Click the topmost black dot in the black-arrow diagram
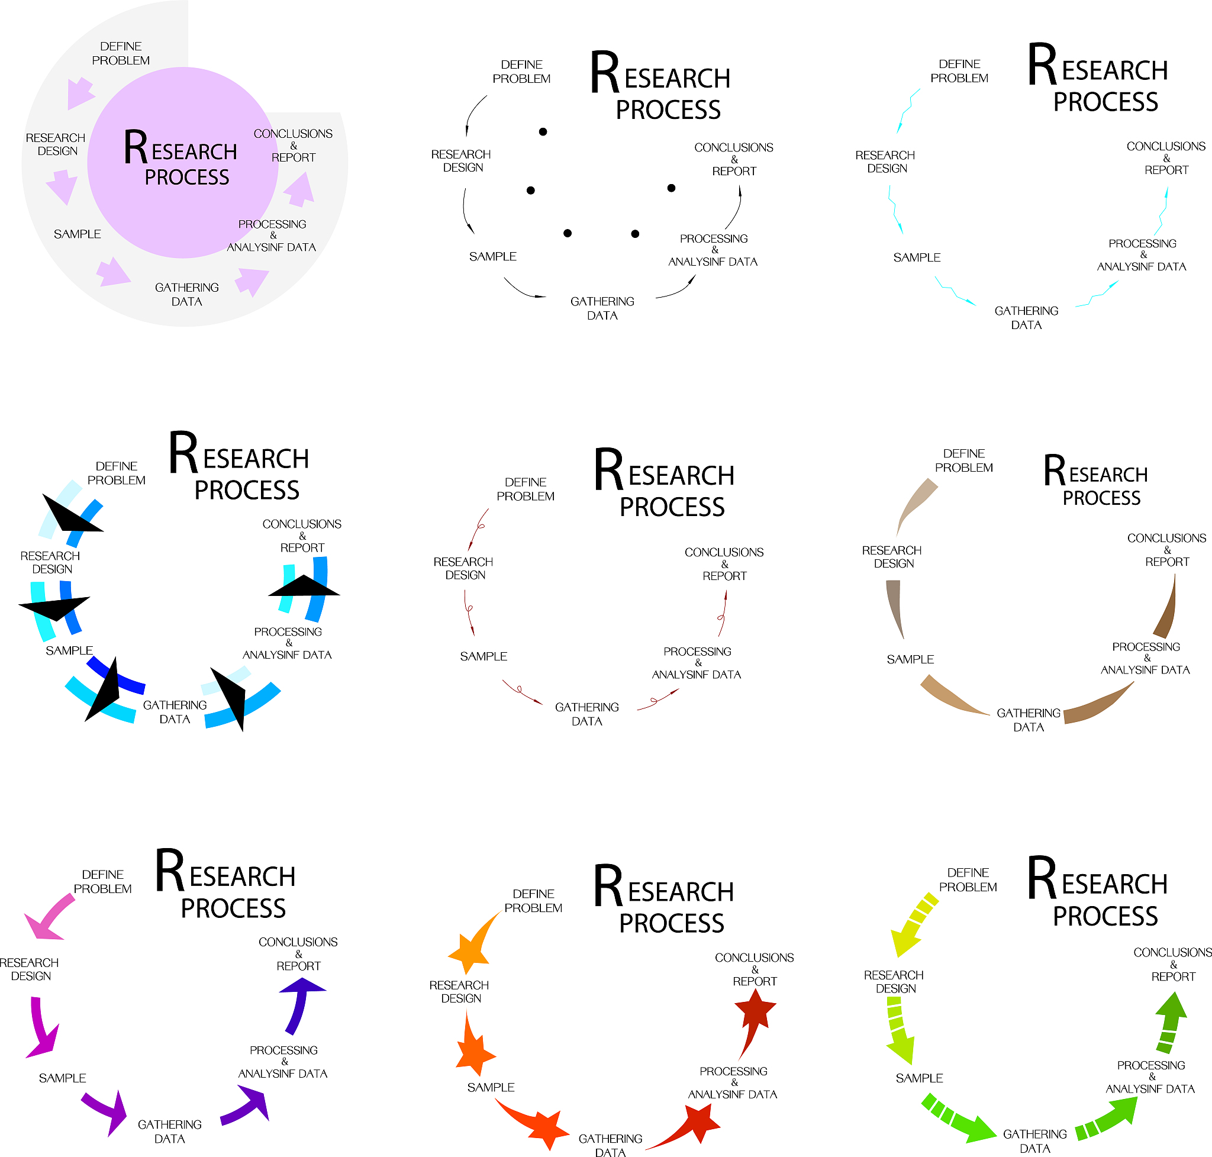pyautogui.click(x=543, y=132)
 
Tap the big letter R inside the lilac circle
pyautogui.click(x=135, y=148)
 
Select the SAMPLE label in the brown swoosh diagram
pyautogui.click(x=910, y=659)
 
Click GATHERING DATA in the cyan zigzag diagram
pyautogui.click(x=1026, y=318)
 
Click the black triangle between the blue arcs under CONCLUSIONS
pyautogui.click(x=304, y=586)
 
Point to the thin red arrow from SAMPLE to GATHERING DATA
pyautogui.click(x=522, y=692)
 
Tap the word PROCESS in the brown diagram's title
pyautogui.click(x=1101, y=498)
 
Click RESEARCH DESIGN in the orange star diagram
pyautogui.click(x=459, y=992)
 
